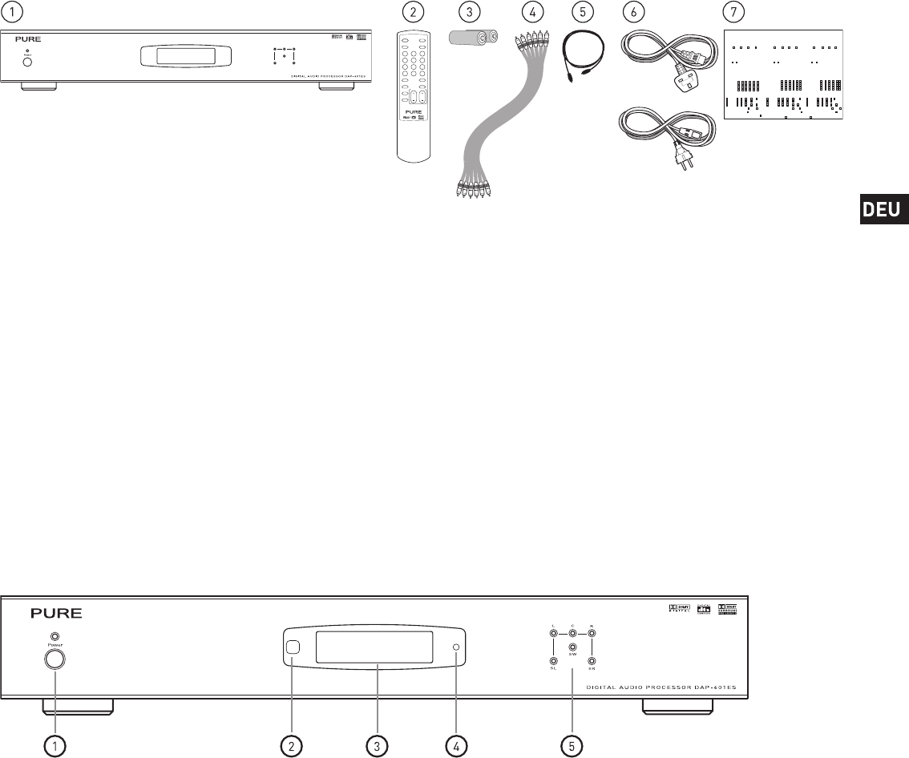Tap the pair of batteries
[x=472, y=37]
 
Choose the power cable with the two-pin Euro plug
[x=661, y=136]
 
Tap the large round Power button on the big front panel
[x=55, y=659]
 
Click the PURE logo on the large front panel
[x=57, y=614]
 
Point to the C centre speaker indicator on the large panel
[x=572, y=634]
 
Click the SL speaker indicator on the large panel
[x=553, y=661]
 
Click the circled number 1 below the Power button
[x=55, y=746]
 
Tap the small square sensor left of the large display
[x=293, y=647]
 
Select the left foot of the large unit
[x=77, y=708]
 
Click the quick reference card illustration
[x=783, y=75]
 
